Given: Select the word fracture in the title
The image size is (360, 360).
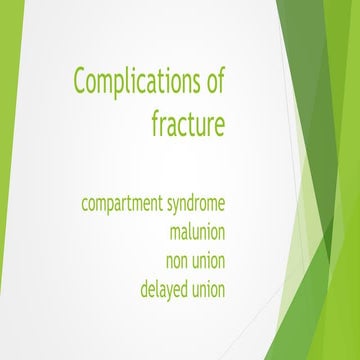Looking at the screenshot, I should tap(188, 125).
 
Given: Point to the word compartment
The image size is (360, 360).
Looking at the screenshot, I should tap(122, 205).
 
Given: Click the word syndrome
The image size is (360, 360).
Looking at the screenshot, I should tap(197, 205).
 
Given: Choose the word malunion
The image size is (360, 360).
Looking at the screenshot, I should tap(197, 234).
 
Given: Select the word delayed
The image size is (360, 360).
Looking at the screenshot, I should tap(166, 291).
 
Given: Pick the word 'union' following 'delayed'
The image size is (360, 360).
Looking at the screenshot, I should tap(211, 291).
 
